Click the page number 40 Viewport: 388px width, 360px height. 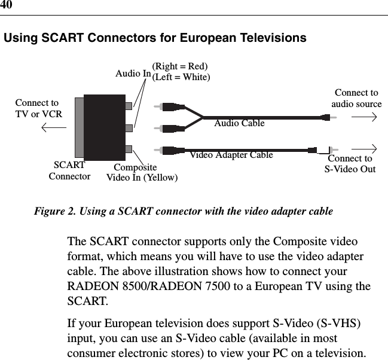7,5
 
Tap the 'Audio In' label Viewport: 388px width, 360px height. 133,74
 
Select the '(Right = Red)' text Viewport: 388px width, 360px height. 180,66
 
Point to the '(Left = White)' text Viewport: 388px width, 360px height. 182,77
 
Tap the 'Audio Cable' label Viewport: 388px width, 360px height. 239,123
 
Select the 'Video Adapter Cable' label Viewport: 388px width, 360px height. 231,155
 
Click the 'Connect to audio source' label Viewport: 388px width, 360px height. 356,99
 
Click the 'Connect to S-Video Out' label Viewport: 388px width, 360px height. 350,164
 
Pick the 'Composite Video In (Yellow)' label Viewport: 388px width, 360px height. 142,172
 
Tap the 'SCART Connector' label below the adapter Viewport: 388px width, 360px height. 69,170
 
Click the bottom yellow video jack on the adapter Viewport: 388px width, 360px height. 129,149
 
